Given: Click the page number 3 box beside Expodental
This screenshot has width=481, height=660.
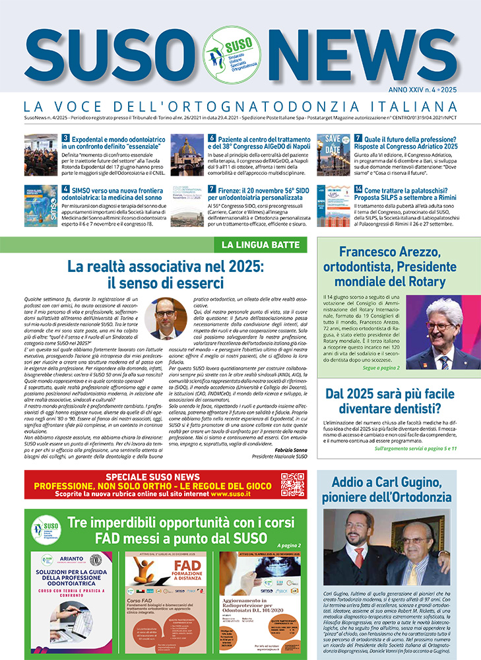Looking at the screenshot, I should coord(66,139).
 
